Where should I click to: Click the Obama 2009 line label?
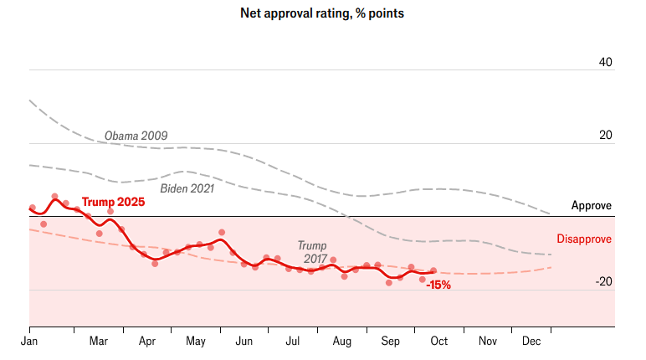coord(136,136)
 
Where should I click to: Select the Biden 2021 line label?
coord(187,188)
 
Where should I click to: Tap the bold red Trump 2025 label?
coord(113,203)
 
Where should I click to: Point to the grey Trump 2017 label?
coord(312,252)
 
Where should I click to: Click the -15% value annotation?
coord(438,285)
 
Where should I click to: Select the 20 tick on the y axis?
coord(606,136)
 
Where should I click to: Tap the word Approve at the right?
coord(592,206)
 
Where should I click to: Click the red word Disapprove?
coord(584,239)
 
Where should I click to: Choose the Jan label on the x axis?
coord(29,342)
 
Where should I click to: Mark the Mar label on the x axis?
coord(99,342)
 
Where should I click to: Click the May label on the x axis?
coord(196,342)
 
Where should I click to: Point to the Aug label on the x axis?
coord(341,342)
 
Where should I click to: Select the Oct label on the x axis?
coord(438,342)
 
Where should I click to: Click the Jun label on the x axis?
coord(244,342)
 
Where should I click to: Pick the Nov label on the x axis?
coord(487,342)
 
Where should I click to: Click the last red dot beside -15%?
coord(433,270)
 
